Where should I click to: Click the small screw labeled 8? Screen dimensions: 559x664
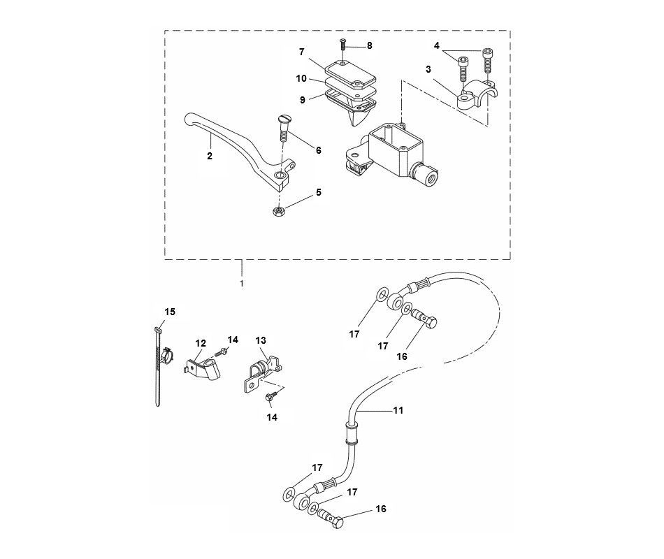[344, 45]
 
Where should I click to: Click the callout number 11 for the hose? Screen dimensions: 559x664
[398, 411]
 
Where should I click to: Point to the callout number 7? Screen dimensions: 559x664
[302, 51]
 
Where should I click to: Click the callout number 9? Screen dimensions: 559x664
[302, 100]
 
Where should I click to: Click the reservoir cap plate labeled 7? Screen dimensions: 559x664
[351, 72]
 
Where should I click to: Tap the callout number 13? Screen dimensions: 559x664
[261, 340]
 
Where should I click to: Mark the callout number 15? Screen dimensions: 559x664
[171, 311]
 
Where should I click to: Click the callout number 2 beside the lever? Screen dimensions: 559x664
[209, 157]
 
